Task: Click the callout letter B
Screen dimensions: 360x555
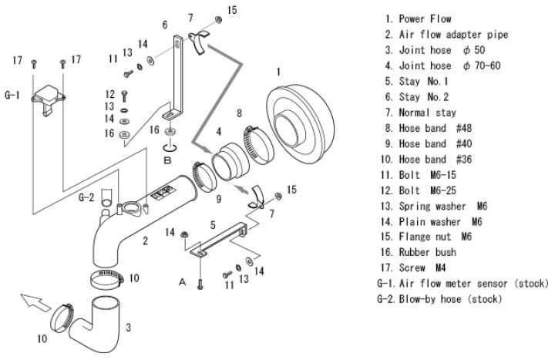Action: (x=167, y=160)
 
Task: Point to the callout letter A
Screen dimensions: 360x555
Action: (x=183, y=282)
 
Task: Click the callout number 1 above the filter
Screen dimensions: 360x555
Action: (x=278, y=72)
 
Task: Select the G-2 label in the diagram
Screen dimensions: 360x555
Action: (x=86, y=197)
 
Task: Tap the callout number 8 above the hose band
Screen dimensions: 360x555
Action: (x=240, y=113)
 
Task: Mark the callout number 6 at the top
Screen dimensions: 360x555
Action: (x=164, y=25)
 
